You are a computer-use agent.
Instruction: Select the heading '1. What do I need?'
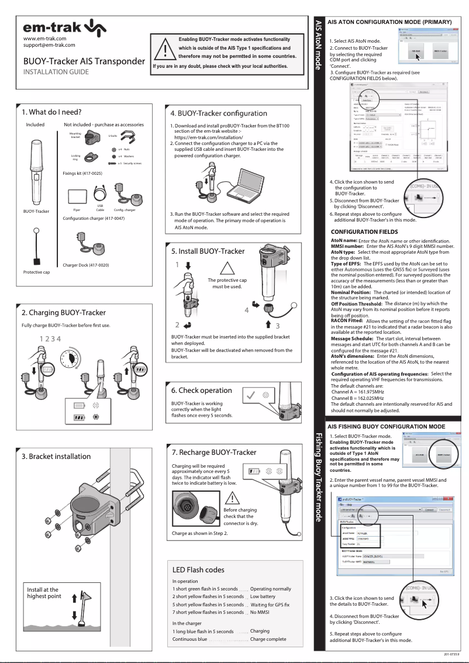[x=51, y=112]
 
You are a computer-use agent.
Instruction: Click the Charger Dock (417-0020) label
[x=86, y=265]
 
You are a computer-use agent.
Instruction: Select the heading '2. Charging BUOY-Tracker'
[x=64, y=313]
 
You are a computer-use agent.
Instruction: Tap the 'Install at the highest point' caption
[x=43, y=593]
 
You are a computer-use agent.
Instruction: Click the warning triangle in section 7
[x=232, y=498]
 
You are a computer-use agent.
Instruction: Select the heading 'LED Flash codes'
[x=198, y=569]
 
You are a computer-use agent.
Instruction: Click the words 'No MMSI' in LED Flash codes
[x=260, y=612]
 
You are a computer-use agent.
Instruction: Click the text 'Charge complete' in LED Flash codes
[x=268, y=639]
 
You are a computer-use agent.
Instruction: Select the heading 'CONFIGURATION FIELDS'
[x=364, y=232]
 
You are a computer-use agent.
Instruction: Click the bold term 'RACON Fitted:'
[x=347, y=321]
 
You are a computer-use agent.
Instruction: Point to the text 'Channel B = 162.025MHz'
[x=357, y=398]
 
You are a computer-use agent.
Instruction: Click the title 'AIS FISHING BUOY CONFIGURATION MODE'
[x=387, y=427]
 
